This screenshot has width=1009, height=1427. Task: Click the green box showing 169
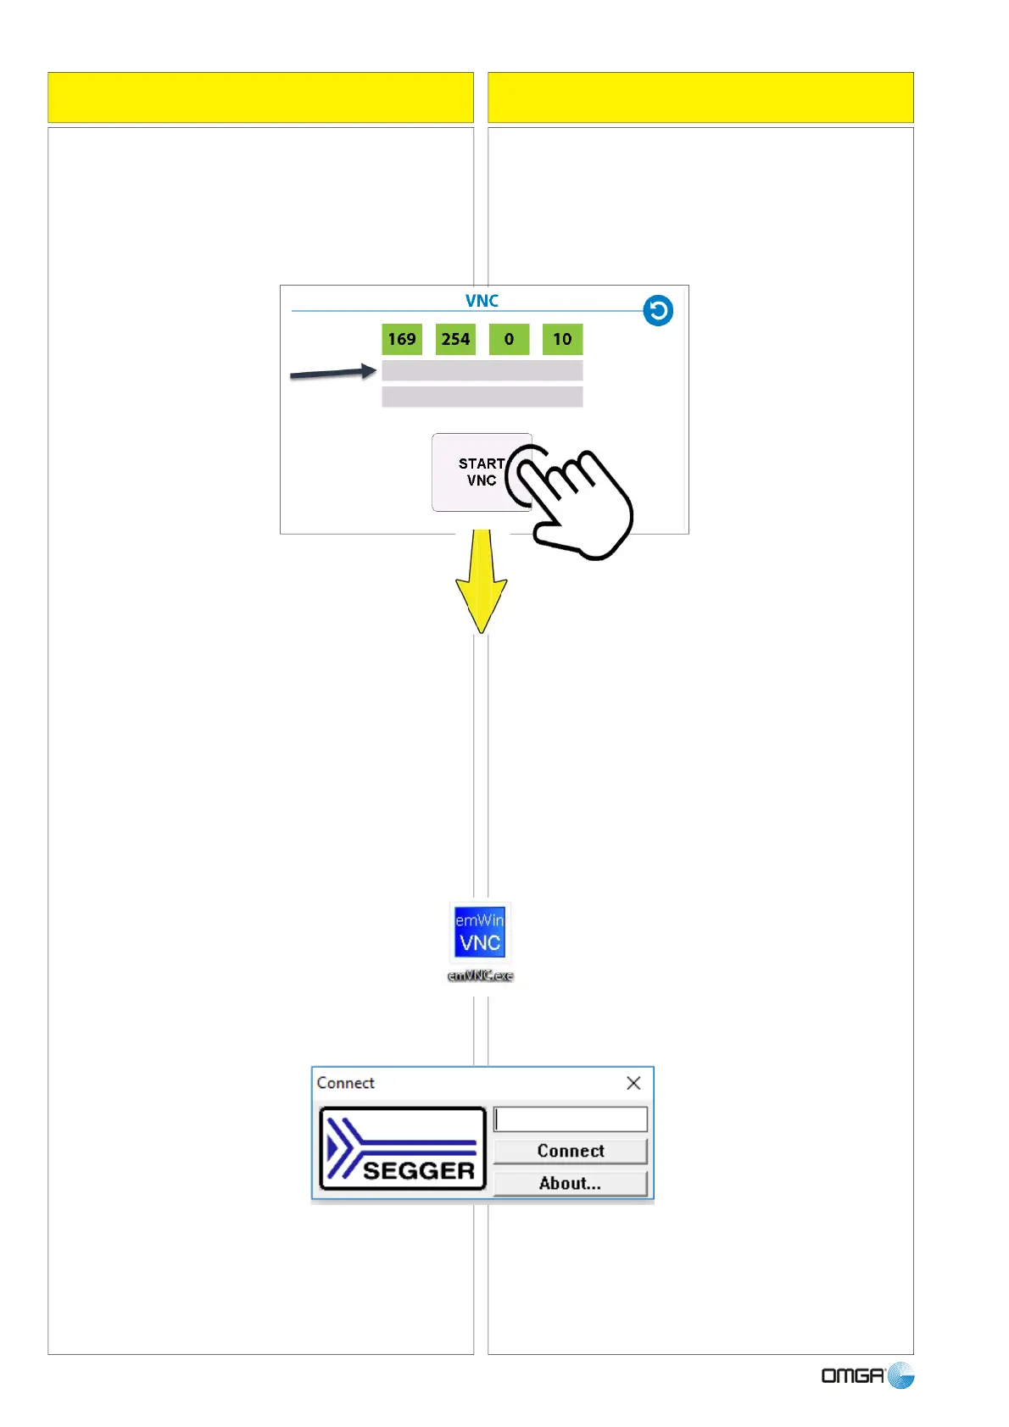tap(401, 339)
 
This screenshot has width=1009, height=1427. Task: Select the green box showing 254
tap(455, 339)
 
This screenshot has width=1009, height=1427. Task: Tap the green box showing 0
tap(509, 339)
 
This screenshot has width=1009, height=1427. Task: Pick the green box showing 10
tap(562, 339)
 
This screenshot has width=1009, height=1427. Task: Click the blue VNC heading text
tap(482, 301)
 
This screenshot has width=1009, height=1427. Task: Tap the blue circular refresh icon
tap(658, 310)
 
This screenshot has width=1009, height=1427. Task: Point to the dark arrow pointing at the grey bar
tap(332, 372)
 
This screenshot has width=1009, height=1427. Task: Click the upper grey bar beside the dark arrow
tap(482, 370)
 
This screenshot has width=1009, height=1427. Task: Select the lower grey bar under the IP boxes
tap(482, 397)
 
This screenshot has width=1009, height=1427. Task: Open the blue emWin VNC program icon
tap(480, 930)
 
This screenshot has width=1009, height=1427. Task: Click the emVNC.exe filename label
tap(480, 976)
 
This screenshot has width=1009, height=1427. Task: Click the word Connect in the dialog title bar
tap(345, 1083)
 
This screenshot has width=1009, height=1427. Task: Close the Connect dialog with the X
tap(633, 1083)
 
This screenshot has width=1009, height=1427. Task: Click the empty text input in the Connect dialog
tap(571, 1119)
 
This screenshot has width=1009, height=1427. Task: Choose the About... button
tap(571, 1183)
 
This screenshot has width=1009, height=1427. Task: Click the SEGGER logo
tap(402, 1148)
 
